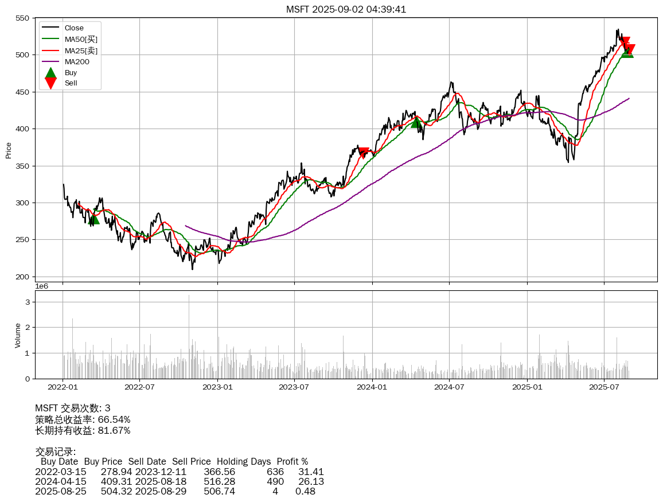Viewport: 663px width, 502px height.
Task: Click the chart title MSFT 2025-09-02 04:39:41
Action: [346, 9]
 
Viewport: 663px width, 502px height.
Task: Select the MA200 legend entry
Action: [76, 61]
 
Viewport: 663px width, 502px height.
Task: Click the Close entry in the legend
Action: [74, 28]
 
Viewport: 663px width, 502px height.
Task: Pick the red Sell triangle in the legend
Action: [50, 83]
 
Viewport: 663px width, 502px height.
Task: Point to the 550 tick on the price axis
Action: [22, 18]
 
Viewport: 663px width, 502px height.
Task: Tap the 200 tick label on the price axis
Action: [22, 277]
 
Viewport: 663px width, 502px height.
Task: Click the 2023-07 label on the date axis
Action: [294, 387]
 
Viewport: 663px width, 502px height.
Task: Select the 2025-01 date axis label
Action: [526, 387]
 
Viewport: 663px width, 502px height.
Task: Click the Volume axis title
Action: [18, 335]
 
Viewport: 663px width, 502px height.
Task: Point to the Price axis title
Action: [9, 150]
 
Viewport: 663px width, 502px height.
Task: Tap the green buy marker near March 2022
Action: [94, 219]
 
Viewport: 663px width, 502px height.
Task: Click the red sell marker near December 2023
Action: [364, 152]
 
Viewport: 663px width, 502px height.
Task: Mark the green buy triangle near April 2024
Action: [416, 122]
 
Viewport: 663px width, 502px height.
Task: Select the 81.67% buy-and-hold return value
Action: [114, 430]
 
